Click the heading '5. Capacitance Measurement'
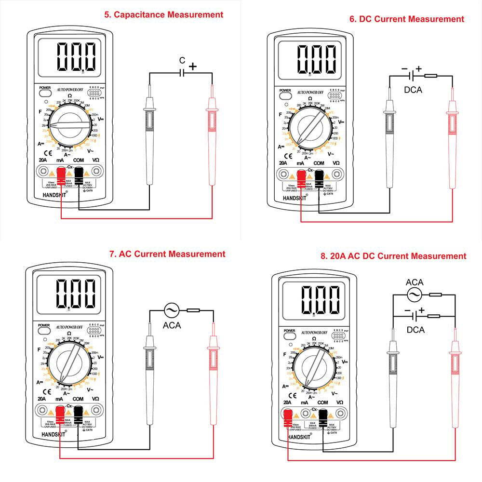click(164, 14)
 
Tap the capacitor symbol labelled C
click(182, 73)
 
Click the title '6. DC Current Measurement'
click(407, 19)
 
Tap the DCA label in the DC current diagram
click(413, 89)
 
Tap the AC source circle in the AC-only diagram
click(171, 310)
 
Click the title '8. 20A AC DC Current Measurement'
click(393, 256)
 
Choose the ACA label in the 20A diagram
click(415, 282)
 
